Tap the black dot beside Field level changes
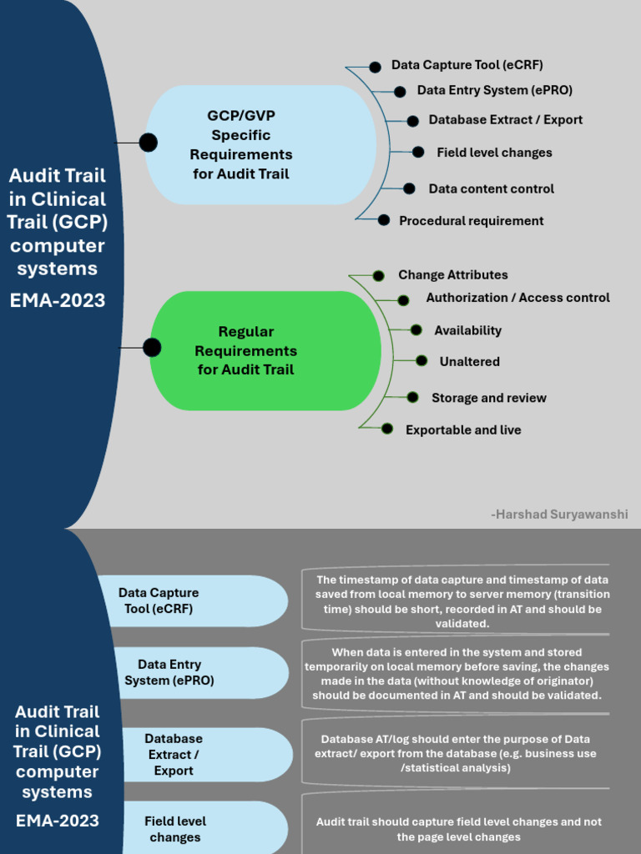pyautogui.click(x=418, y=152)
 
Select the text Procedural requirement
pyautogui.click(x=471, y=221)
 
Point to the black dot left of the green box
pyautogui.click(x=152, y=348)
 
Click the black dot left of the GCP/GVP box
pyautogui.click(x=148, y=143)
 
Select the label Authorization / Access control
pyautogui.click(x=517, y=298)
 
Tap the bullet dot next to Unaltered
pyautogui.click(x=421, y=361)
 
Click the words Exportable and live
pyautogui.click(x=463, y=430)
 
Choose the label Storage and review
pyautogui.click(x=488, y=398)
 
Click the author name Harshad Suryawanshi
pyautogui.click(x=560, y=515)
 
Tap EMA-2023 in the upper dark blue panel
pyautogui.click(x=58, y=300)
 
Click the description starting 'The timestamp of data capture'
pyautogui.click(x=462, y=601)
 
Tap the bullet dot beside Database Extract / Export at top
pyautogui.click(x=412, y=121)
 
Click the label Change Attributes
pyautogui.click(x=452, y=275)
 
